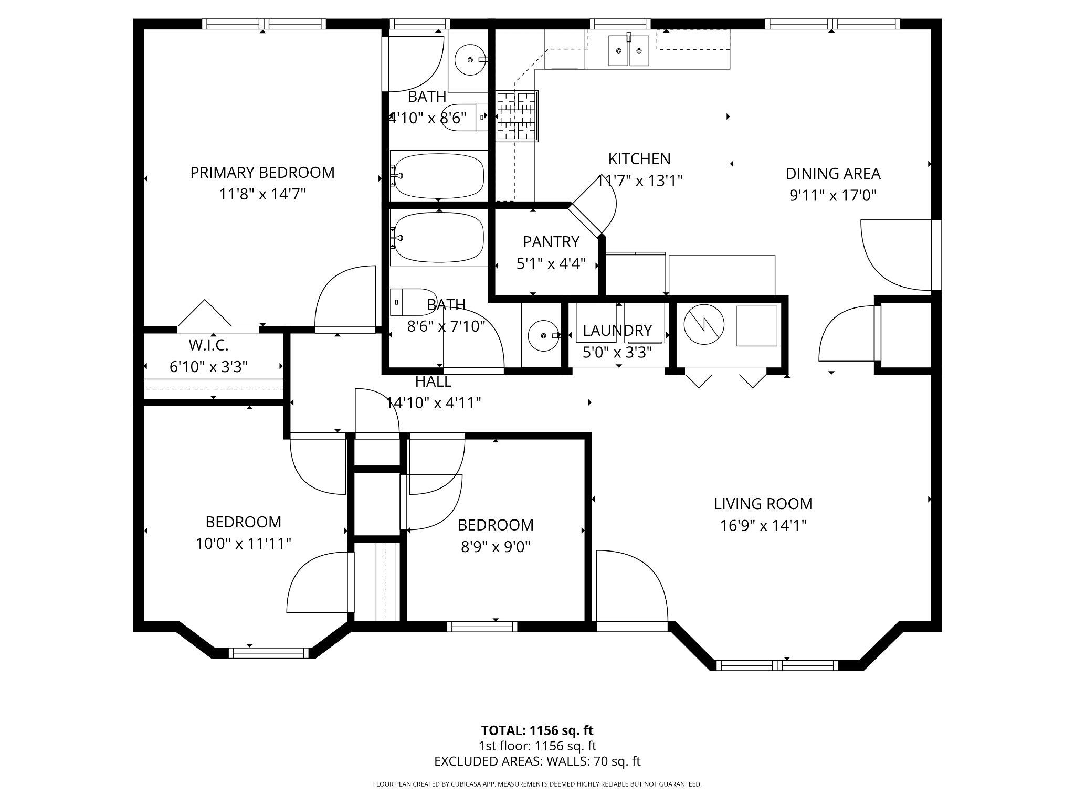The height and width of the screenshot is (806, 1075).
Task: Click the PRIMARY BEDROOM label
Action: click(262, 173)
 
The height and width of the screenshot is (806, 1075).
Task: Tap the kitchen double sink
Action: click(629, 50)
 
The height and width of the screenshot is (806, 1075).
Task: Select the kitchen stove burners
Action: click(517, 116)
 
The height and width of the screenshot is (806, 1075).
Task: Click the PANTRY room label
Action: click(551, 242)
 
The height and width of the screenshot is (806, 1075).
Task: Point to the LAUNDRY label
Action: click(617, 331)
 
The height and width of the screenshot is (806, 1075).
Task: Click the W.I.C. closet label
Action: click(208, 345)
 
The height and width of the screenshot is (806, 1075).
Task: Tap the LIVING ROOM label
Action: click(763, 504)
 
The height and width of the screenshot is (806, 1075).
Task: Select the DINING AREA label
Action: click(833, 174)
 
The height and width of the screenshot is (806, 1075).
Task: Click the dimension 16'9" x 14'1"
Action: click(763, 526)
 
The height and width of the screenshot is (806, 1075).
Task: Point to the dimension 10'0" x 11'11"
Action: click(244, 544)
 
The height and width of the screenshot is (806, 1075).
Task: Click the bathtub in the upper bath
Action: click(438, 175)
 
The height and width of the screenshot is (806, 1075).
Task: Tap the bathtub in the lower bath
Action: click(438, 237)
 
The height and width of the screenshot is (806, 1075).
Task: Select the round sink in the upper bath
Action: click(469, 60)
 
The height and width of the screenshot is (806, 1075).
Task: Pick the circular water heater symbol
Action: click(704, 325)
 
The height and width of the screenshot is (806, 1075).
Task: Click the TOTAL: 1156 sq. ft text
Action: click(537, 730)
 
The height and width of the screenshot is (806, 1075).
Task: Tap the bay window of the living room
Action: click(777, 665)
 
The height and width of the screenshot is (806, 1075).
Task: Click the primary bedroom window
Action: click(264, 24)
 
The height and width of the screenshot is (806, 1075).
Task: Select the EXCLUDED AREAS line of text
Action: click(537, 761)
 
